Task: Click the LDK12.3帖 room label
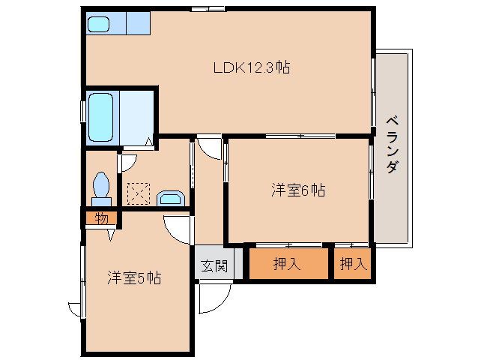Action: [252, 67]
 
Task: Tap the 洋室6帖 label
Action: [297, 190]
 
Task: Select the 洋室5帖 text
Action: [134, 277]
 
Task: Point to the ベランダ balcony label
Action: [392, 145]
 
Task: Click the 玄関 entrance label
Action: [214, 265]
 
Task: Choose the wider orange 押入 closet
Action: [288, 264]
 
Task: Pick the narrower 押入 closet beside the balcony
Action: [352, 264]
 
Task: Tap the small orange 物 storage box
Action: [101, 219]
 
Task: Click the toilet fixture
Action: [101, 187]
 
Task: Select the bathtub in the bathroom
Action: [101, 117]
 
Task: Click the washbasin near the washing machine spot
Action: [172, 198]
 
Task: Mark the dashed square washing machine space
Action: [138, 194]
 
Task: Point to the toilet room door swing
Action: [127, 161]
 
